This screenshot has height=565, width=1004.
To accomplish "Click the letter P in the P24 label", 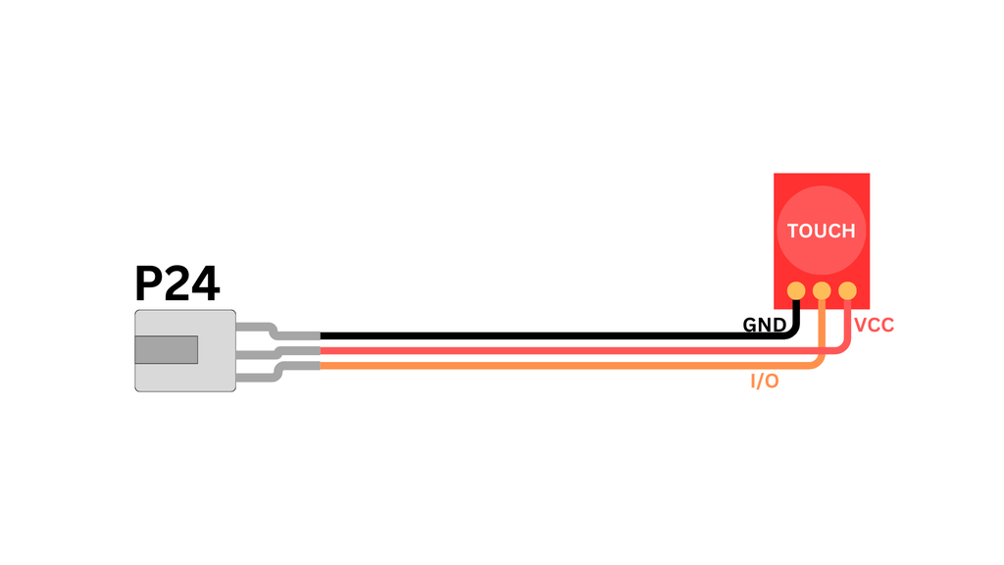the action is [149, 283].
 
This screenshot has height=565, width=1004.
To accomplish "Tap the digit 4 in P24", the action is [206, 283].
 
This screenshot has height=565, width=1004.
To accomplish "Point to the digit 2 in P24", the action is [176, 283].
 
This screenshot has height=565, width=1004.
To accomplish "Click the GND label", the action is [764, 325].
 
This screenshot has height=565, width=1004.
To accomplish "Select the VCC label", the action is [874, 326].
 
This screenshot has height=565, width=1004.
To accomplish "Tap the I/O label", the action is [765, 382].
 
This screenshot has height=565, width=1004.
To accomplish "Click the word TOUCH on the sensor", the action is [821, 231].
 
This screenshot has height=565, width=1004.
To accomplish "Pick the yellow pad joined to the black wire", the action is [796, 290].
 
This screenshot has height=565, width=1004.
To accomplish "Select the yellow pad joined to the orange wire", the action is [822, 290].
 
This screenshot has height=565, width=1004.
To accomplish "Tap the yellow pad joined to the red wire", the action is [847, 290].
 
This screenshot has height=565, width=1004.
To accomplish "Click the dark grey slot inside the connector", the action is [166, 350].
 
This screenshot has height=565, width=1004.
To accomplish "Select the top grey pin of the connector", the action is [277, 332].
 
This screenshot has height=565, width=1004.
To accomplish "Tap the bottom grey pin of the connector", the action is [277, 370].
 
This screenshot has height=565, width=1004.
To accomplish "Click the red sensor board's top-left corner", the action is [775, 174].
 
